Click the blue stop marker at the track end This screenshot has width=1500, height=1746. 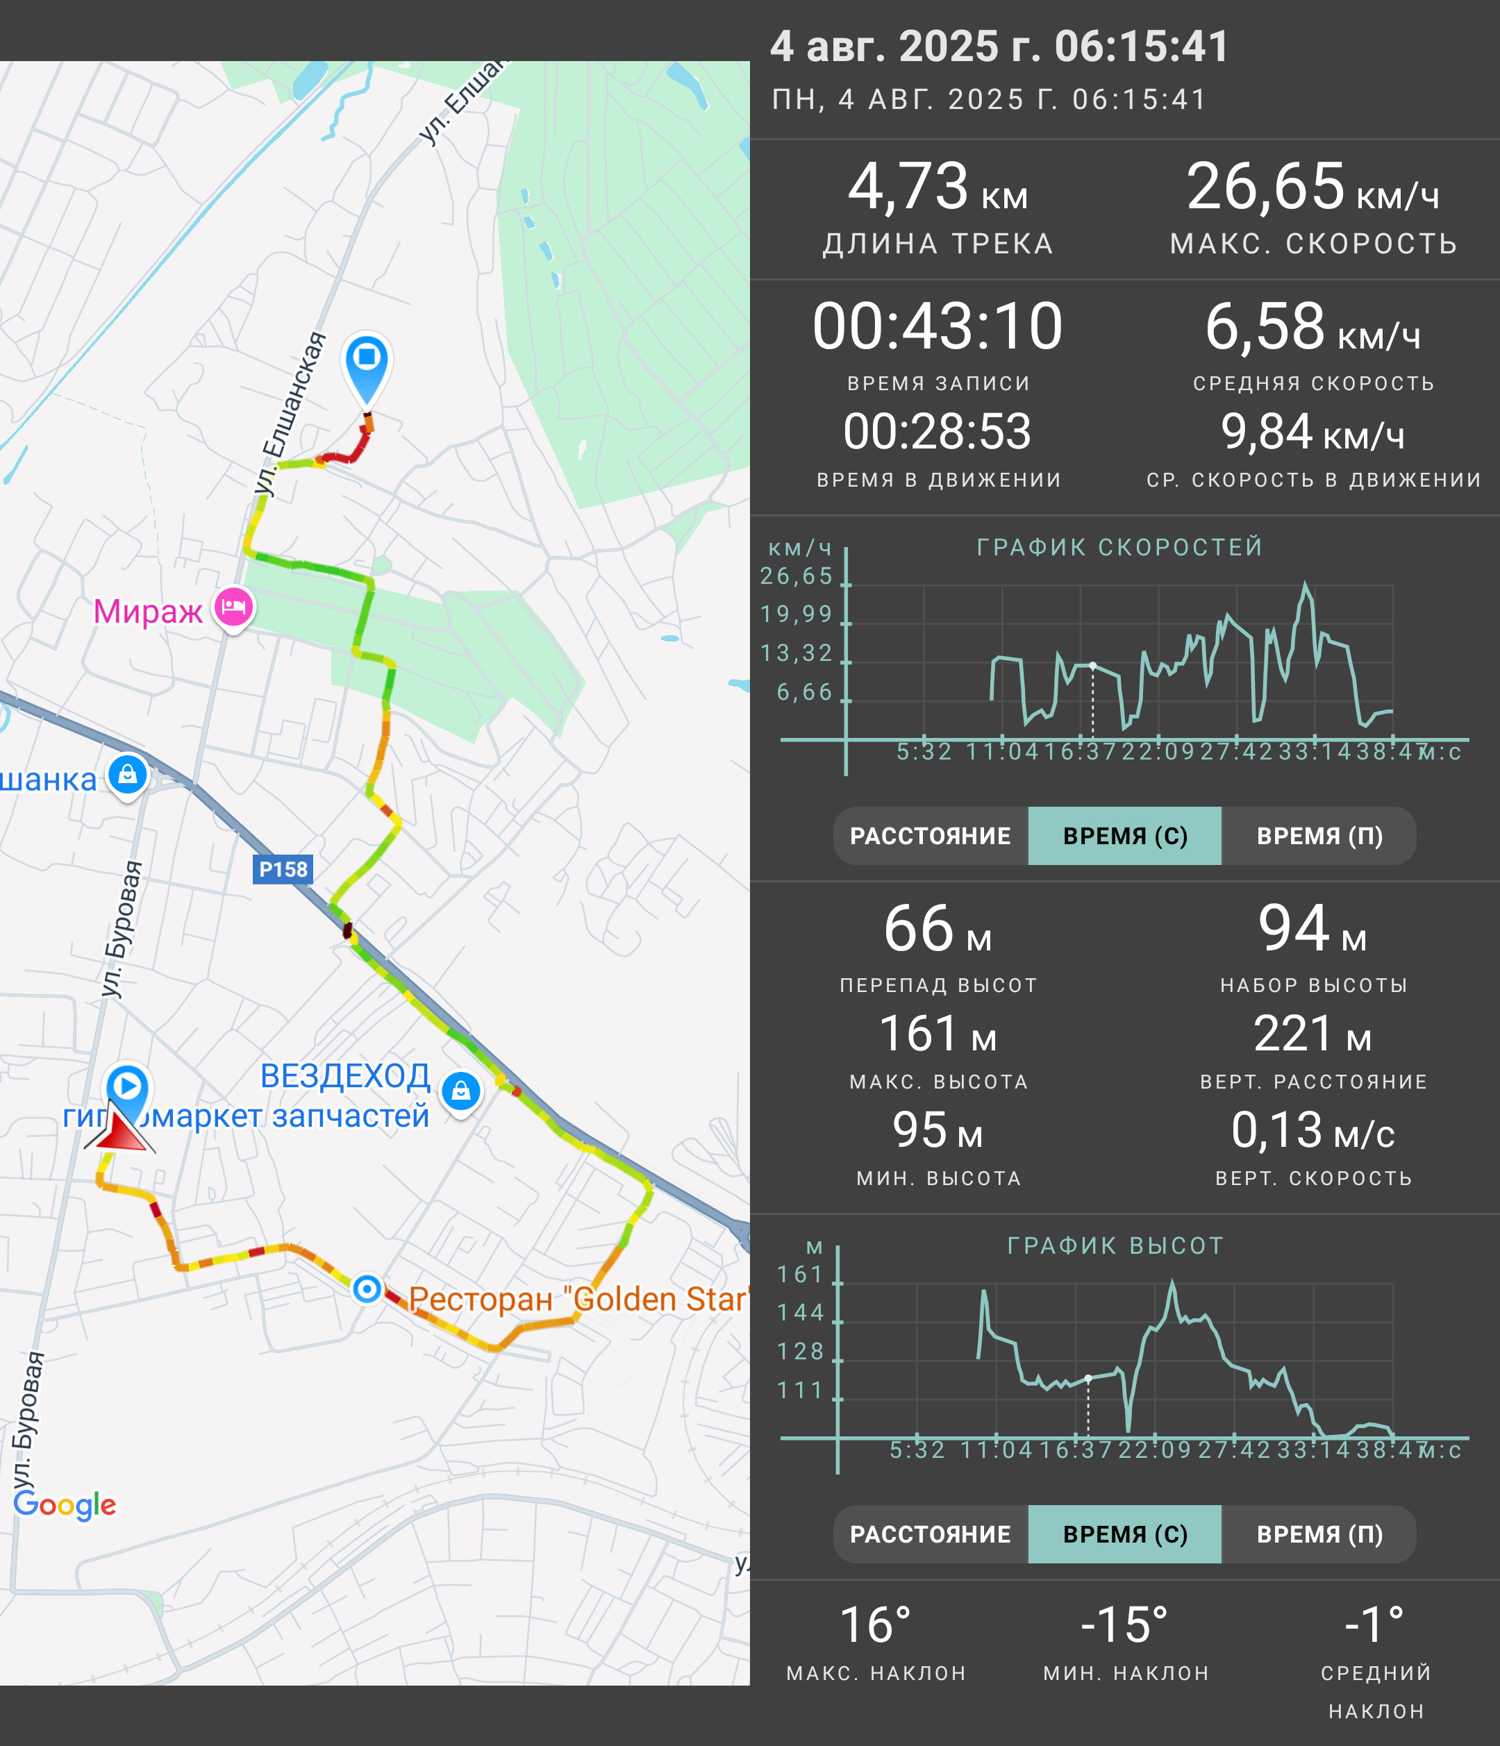coord(367,368)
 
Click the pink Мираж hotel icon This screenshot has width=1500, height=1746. coord(233,607)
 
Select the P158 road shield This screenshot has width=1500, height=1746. coord(283,868)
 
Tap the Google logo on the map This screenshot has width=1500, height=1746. coord(65,1504)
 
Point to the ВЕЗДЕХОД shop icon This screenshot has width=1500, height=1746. coord(461,1091)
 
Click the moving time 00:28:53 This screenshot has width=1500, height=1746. coord(937,431)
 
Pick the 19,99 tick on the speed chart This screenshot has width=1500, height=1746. coord(796,614)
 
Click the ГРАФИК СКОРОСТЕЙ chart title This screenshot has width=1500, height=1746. coord(1120,547)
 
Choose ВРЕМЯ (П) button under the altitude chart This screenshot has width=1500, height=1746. coord(1319,1534)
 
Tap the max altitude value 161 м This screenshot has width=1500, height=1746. coord(937,1033)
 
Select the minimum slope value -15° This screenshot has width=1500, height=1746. coord(1124,1624)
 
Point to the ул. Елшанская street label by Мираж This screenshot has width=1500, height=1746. coord(291,413)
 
